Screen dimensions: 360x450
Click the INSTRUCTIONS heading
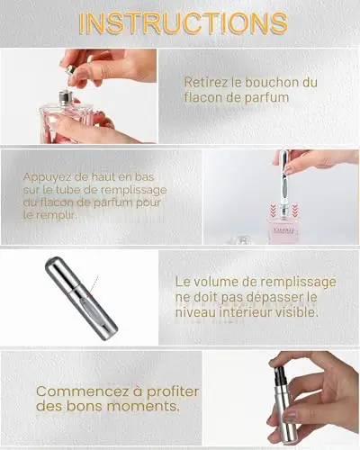pos(184,23)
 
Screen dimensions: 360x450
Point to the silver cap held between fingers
pos(70,71)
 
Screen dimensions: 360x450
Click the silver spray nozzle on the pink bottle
pos(64,97)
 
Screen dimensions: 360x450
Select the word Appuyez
pos(47,177)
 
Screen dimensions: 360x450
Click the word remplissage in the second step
pos(133,190)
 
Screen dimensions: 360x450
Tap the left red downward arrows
pos(273,209)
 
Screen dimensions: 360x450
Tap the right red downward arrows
pos(295,209)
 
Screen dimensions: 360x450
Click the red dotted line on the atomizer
pos(94,286)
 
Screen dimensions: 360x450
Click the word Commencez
pos(84,391)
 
